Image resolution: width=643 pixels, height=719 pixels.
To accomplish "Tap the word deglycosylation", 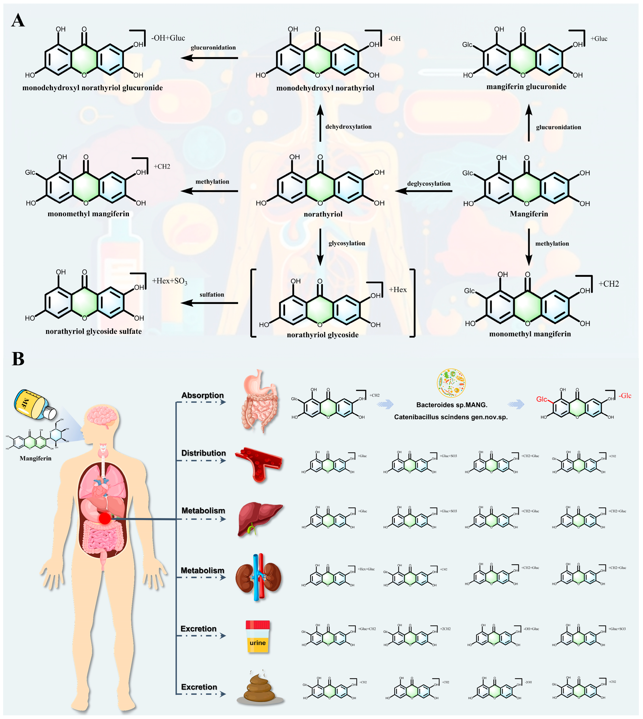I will pyautogui.click(x=429, y=184).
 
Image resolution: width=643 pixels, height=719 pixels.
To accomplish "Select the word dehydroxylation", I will pyautogui.click(x=348, y=127).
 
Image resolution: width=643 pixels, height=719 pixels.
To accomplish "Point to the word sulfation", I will pyautogui.click(x=212, y=295).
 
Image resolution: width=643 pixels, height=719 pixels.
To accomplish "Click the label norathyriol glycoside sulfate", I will pyautogui.click(x=94, y=331).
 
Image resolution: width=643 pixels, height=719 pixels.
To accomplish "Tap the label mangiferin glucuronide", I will pyautogui.click(x=526, y=87).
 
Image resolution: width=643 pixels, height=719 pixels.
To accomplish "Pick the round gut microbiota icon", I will pyautogui.click(x=451, y=383).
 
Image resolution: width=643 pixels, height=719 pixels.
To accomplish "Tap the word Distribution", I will pyautogui.click(x=204, y=453).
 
